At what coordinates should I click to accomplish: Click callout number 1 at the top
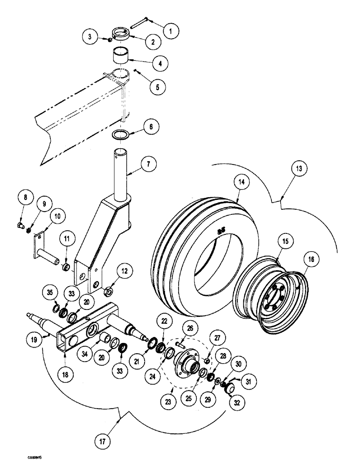tap(170, 32)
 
